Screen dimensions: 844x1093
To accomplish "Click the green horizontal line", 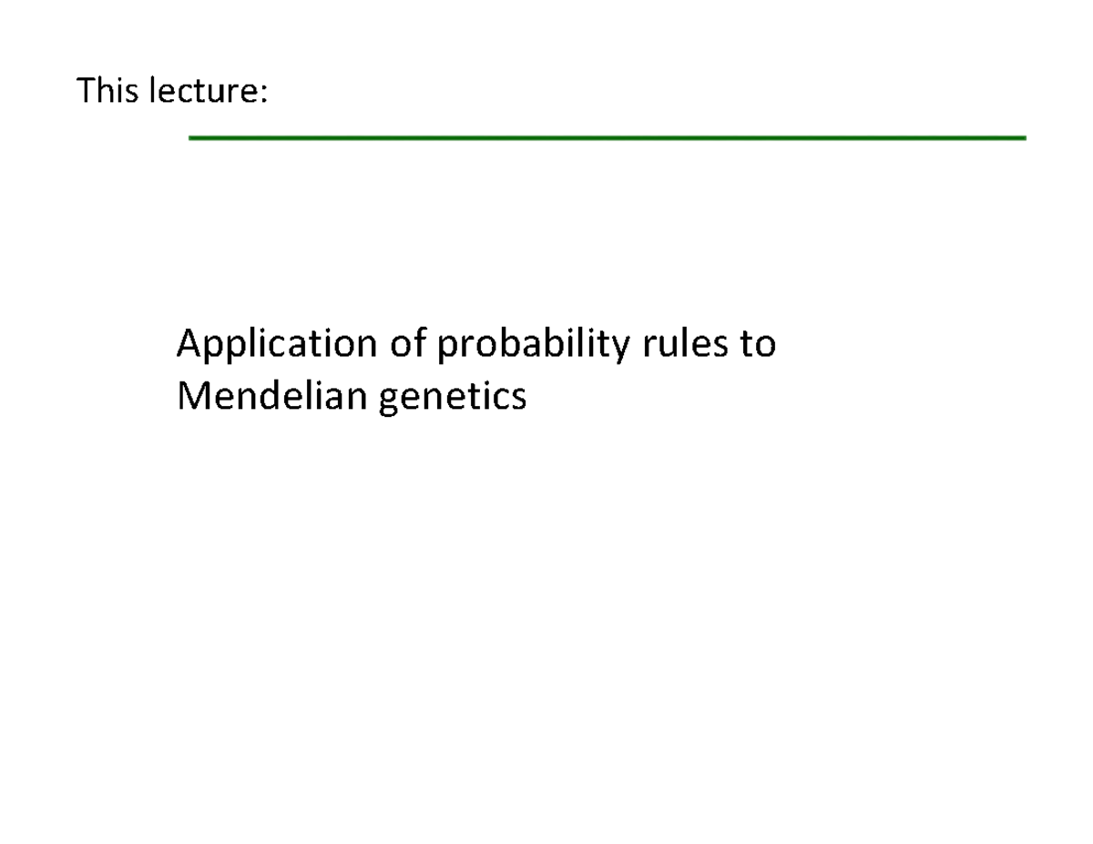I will point(607,137).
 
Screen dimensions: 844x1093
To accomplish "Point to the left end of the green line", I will point(190,137).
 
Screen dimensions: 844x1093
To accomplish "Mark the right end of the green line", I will point(1025,137).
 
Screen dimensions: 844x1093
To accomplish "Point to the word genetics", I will point(451,398).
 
